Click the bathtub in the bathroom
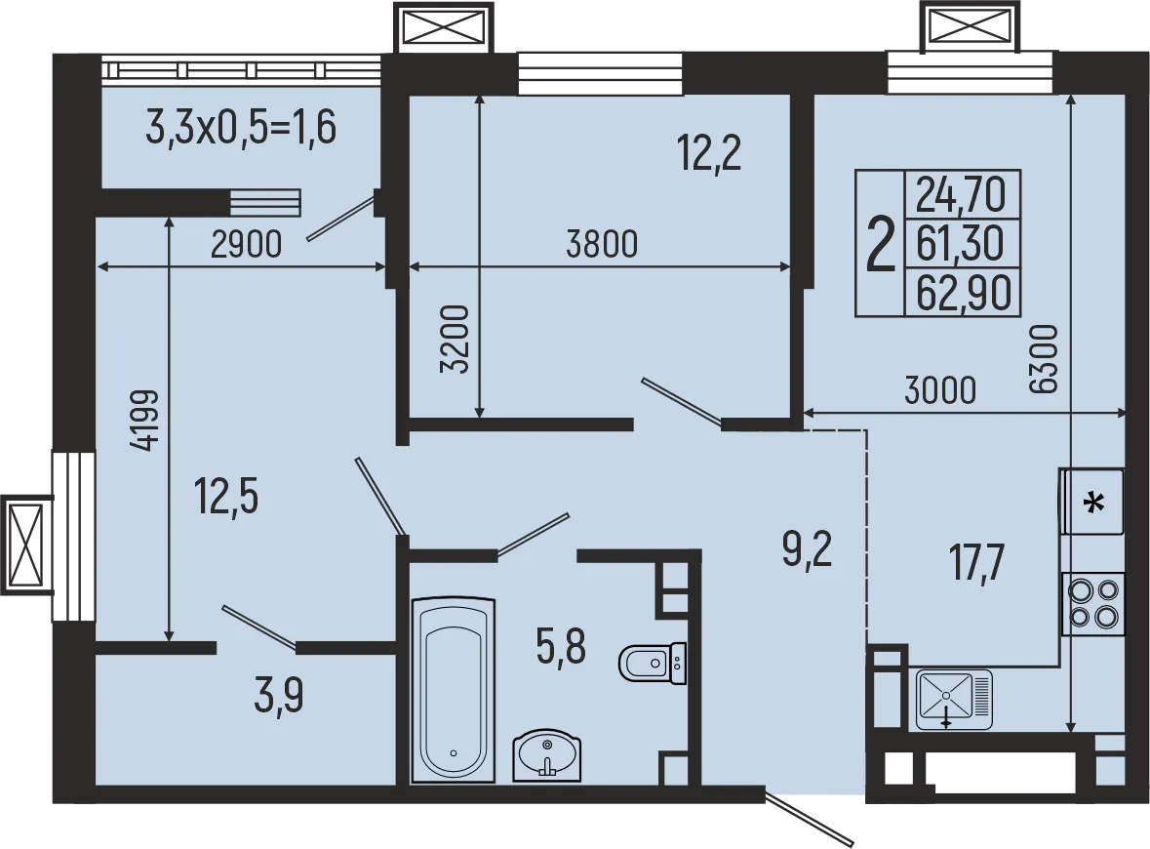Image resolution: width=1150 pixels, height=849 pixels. coord(453,690)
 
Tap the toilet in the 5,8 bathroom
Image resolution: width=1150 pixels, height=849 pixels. coord(652,664)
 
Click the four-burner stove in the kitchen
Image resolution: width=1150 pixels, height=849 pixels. coord(1092,603)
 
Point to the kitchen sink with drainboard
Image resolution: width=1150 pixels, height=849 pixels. coord(953,699)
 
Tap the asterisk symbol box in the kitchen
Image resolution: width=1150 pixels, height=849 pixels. coord(1093,503)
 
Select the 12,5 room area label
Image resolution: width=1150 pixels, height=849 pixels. coord(226,496)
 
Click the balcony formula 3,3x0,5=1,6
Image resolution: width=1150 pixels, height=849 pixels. coord(241,128)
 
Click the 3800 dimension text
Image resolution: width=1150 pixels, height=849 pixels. coord(602,243)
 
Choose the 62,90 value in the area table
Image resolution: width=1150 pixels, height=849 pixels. coord(962,294)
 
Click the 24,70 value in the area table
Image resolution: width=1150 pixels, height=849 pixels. coord(962,195)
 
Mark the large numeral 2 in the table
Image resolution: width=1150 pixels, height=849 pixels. coord(881,245)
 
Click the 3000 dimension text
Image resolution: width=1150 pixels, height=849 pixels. coord(939,390)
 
